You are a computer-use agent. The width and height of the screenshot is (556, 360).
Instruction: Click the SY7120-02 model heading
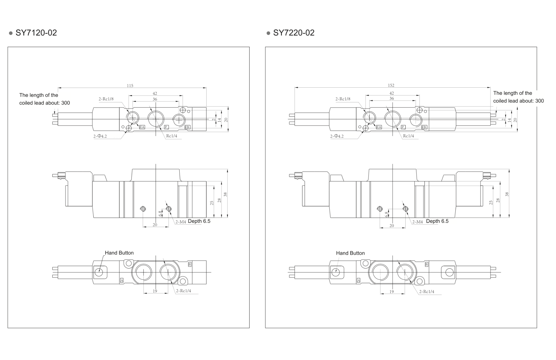(36, 33)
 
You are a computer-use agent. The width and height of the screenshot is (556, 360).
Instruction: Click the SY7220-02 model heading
(294, 33)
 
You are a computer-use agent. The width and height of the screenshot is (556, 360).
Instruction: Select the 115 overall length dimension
(130, 86)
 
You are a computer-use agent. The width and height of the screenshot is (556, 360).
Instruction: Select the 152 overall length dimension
(391, 85)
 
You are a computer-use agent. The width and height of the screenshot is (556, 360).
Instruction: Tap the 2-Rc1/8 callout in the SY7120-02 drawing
(106, 99)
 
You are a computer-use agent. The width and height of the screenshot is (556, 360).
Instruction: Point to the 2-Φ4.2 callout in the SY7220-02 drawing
(337, 136)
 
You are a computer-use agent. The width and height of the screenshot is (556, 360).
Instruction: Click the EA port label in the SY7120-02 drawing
(142, 127)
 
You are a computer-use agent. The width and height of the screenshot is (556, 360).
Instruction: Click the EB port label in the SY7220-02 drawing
(424, 127)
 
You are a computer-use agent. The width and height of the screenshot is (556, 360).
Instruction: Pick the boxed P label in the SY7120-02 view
(166, 127)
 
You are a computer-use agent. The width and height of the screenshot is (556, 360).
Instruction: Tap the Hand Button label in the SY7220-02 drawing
(350, 253)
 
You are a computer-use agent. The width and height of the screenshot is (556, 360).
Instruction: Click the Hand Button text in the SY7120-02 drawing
(119, 253)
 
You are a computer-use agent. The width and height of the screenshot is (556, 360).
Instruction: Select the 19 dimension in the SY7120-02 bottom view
(155, 291)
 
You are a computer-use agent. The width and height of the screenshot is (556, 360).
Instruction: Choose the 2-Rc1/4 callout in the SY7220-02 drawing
(426, 292)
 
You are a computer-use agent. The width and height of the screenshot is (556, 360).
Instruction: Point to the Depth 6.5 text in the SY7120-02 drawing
(199, 221)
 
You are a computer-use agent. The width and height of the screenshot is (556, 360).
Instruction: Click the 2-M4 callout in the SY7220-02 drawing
(417, 222)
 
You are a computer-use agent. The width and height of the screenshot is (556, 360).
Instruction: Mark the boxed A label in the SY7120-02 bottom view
(121, 280)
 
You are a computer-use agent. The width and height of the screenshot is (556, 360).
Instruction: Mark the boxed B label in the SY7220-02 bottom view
(426, 264)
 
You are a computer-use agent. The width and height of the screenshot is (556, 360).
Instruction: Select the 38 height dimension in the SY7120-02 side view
(225, 194)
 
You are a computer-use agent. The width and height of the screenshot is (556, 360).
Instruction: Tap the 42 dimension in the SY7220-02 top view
(391, 93)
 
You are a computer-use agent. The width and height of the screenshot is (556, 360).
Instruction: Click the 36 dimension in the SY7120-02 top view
(155, 99)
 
